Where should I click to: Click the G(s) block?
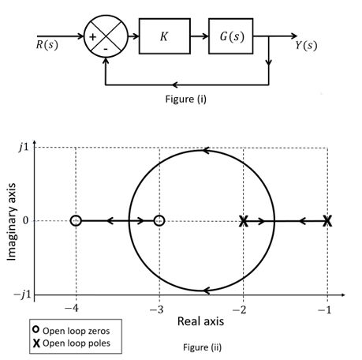[x=230, y=37]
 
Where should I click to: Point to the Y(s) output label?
[x=306, y=44]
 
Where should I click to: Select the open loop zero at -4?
[x=76, y=221]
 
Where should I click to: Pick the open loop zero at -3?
[x=159, y=221]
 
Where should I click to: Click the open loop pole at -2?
[x=244, y=221]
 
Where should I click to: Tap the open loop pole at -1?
[x=327, y=221]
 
